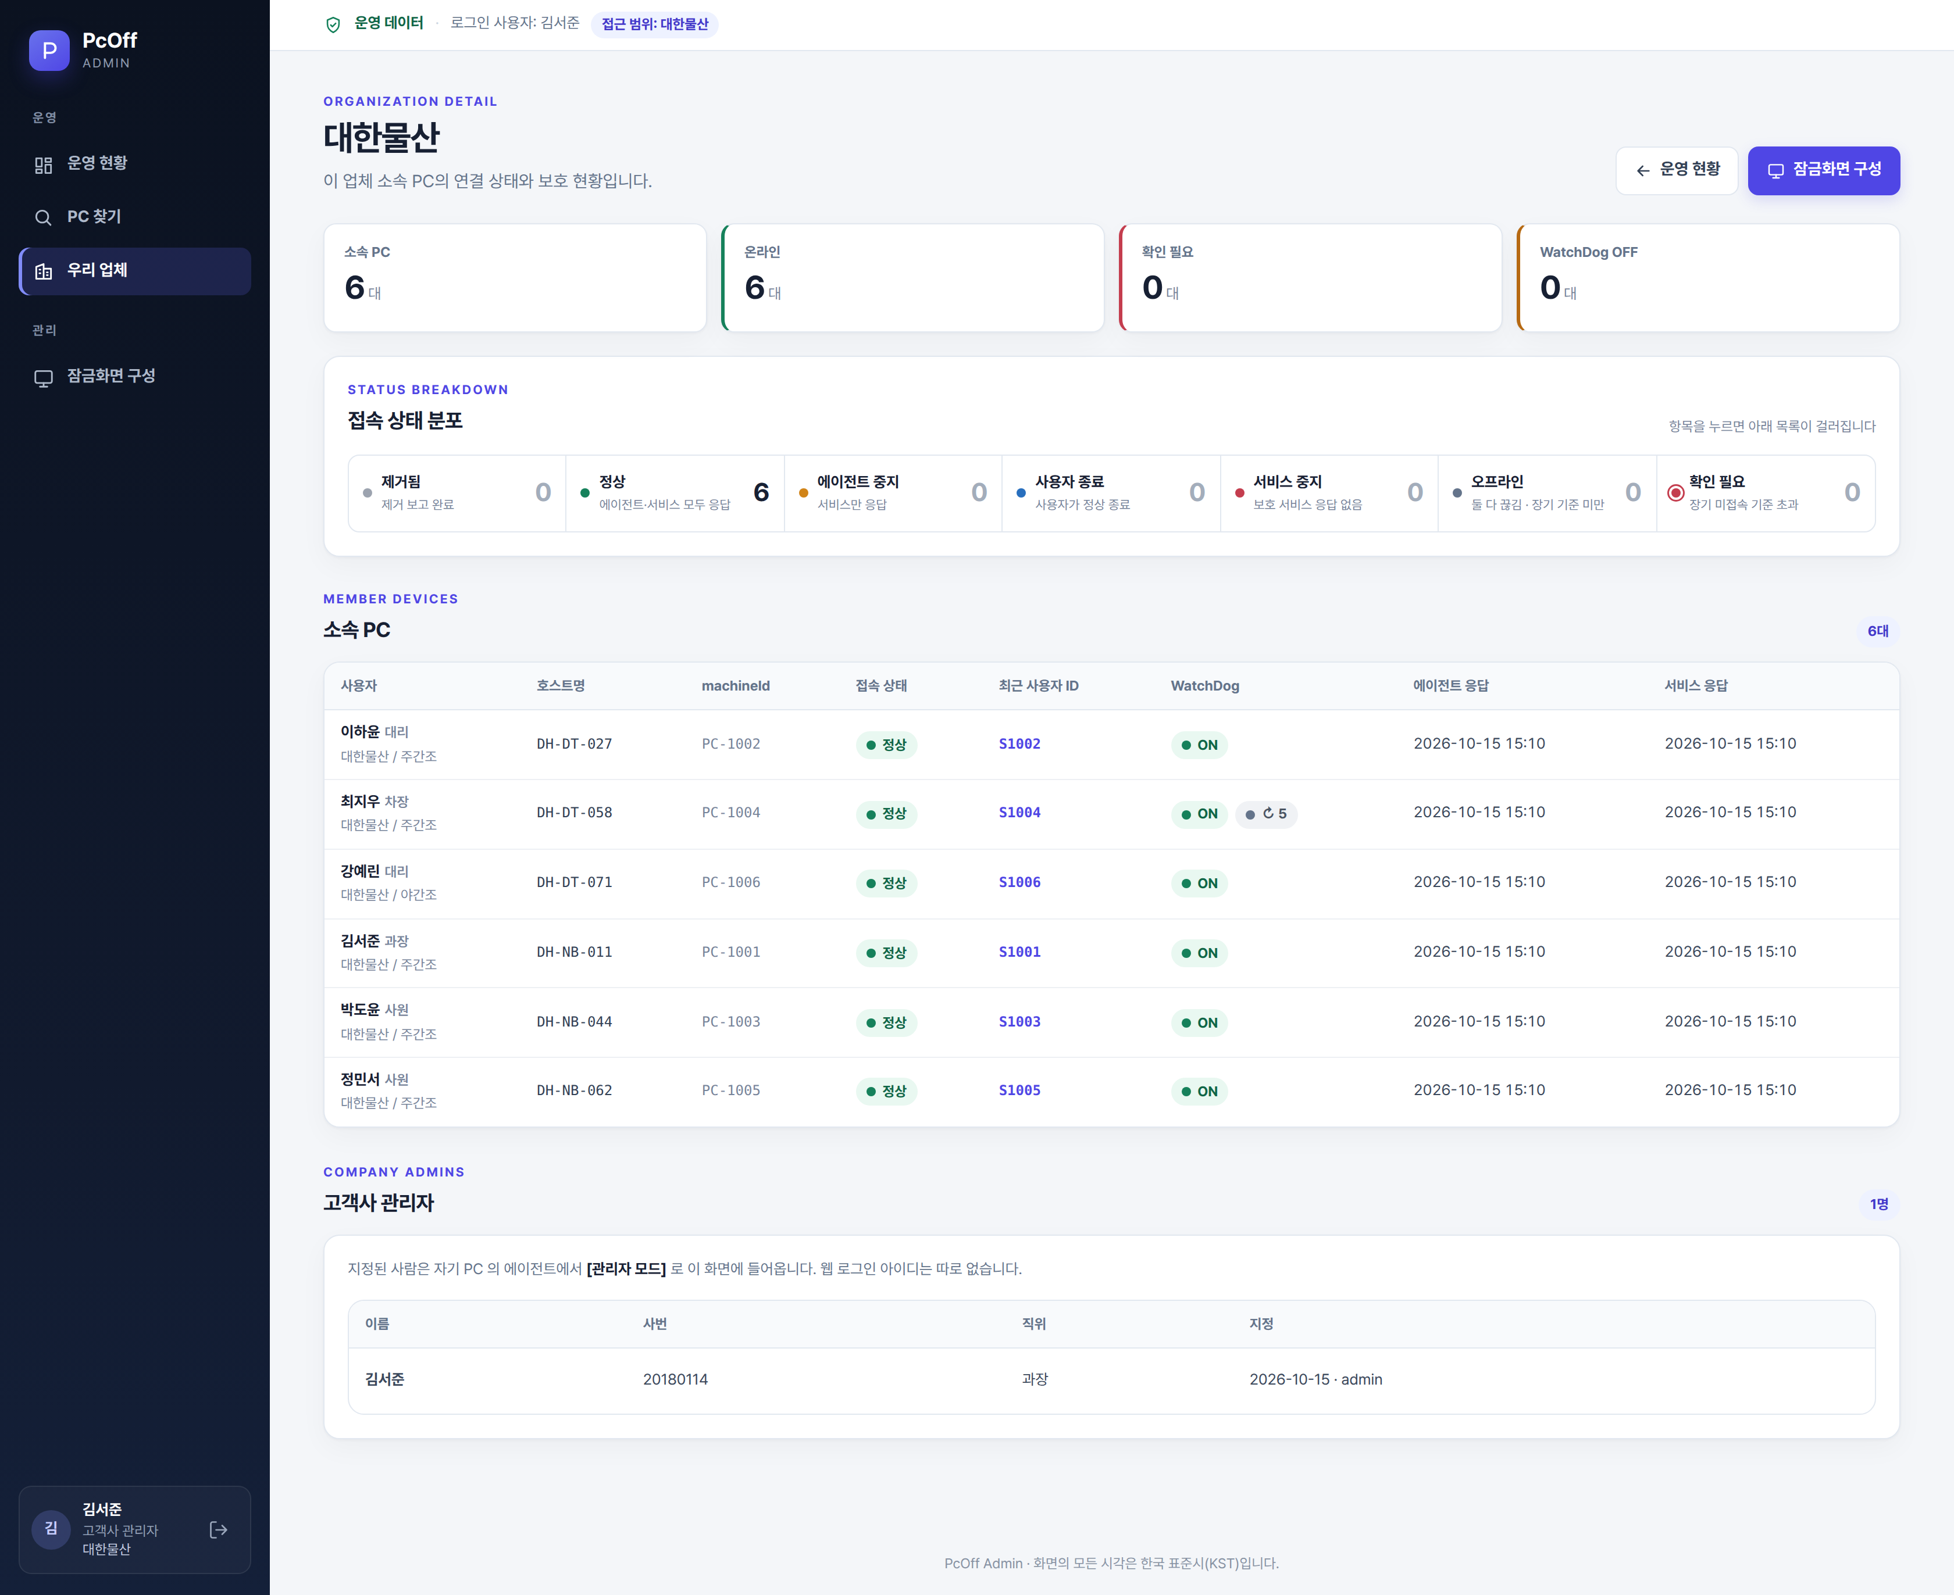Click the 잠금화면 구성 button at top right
click(1824, 170)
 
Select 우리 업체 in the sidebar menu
click(135, 271)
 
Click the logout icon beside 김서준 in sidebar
click(219, 1530)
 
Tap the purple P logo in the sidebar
click(49, 51)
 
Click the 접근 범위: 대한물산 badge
click(654, 24)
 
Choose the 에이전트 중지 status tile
click(893, 493)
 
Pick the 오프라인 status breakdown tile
click(1547, 493)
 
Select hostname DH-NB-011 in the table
click(575, 953)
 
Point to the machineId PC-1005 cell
click(730, 1090)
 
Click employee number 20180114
click(676, 1380)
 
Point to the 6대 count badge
click(1878, 631)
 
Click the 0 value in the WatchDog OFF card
click(1550, 288)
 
